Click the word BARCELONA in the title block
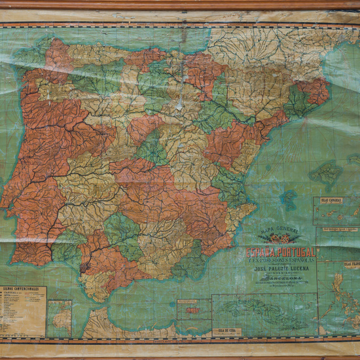(280, 278)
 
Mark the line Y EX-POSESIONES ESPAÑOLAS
(280, 259)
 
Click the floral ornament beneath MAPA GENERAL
(281, 239)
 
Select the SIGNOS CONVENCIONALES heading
(22, 289)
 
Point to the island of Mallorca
(325, 173)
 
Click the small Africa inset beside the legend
(60, 318)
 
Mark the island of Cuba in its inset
(255, 308)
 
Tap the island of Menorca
(354, 158)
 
